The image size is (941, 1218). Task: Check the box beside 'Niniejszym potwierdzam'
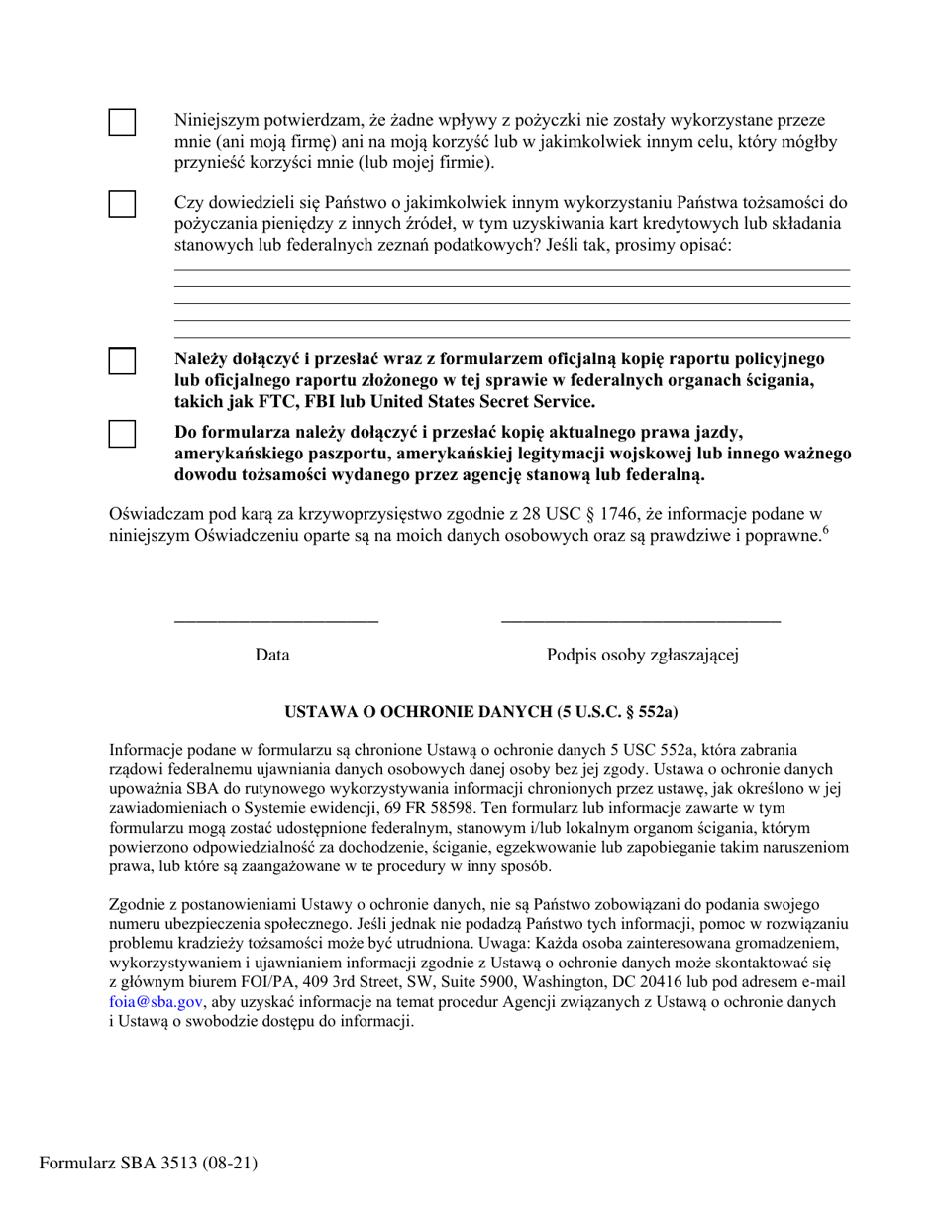click(x=122, y=122)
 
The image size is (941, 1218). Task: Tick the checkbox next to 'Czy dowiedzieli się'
click(x=122, y=203)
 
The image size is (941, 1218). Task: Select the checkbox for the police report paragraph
click(x=122, y=360)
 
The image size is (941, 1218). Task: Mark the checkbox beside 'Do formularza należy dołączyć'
click(x=122, y=433)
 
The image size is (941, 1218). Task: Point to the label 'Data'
click(x=272, y=655)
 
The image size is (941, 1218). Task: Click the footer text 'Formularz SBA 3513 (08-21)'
click(x=149, y=1163)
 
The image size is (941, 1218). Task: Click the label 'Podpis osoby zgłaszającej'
click(x=642, y=655)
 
